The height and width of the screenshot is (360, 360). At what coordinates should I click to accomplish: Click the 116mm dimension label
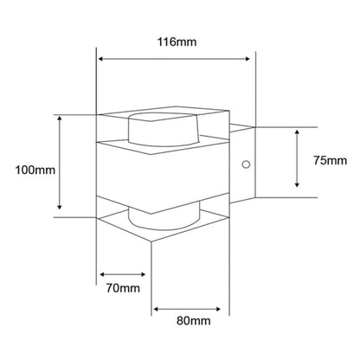tap(177, 42)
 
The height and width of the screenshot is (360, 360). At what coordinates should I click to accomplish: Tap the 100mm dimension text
tap(35, 170)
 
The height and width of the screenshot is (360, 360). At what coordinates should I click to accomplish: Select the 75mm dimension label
tap(331, 161)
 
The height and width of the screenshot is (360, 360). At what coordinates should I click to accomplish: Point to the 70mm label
tap(123, 288)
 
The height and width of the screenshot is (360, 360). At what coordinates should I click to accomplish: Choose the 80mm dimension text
tap(194, 320)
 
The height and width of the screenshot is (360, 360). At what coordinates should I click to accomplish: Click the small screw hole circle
tap(246, 164)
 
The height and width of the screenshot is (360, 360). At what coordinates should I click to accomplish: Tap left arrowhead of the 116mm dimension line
tap(100, 59)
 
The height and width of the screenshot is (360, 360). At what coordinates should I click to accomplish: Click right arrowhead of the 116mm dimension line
tap(247, 59)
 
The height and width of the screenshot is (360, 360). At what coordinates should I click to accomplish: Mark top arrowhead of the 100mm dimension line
tap(60, 119)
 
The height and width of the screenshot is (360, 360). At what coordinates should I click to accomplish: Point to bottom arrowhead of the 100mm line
tap(60, 207)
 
